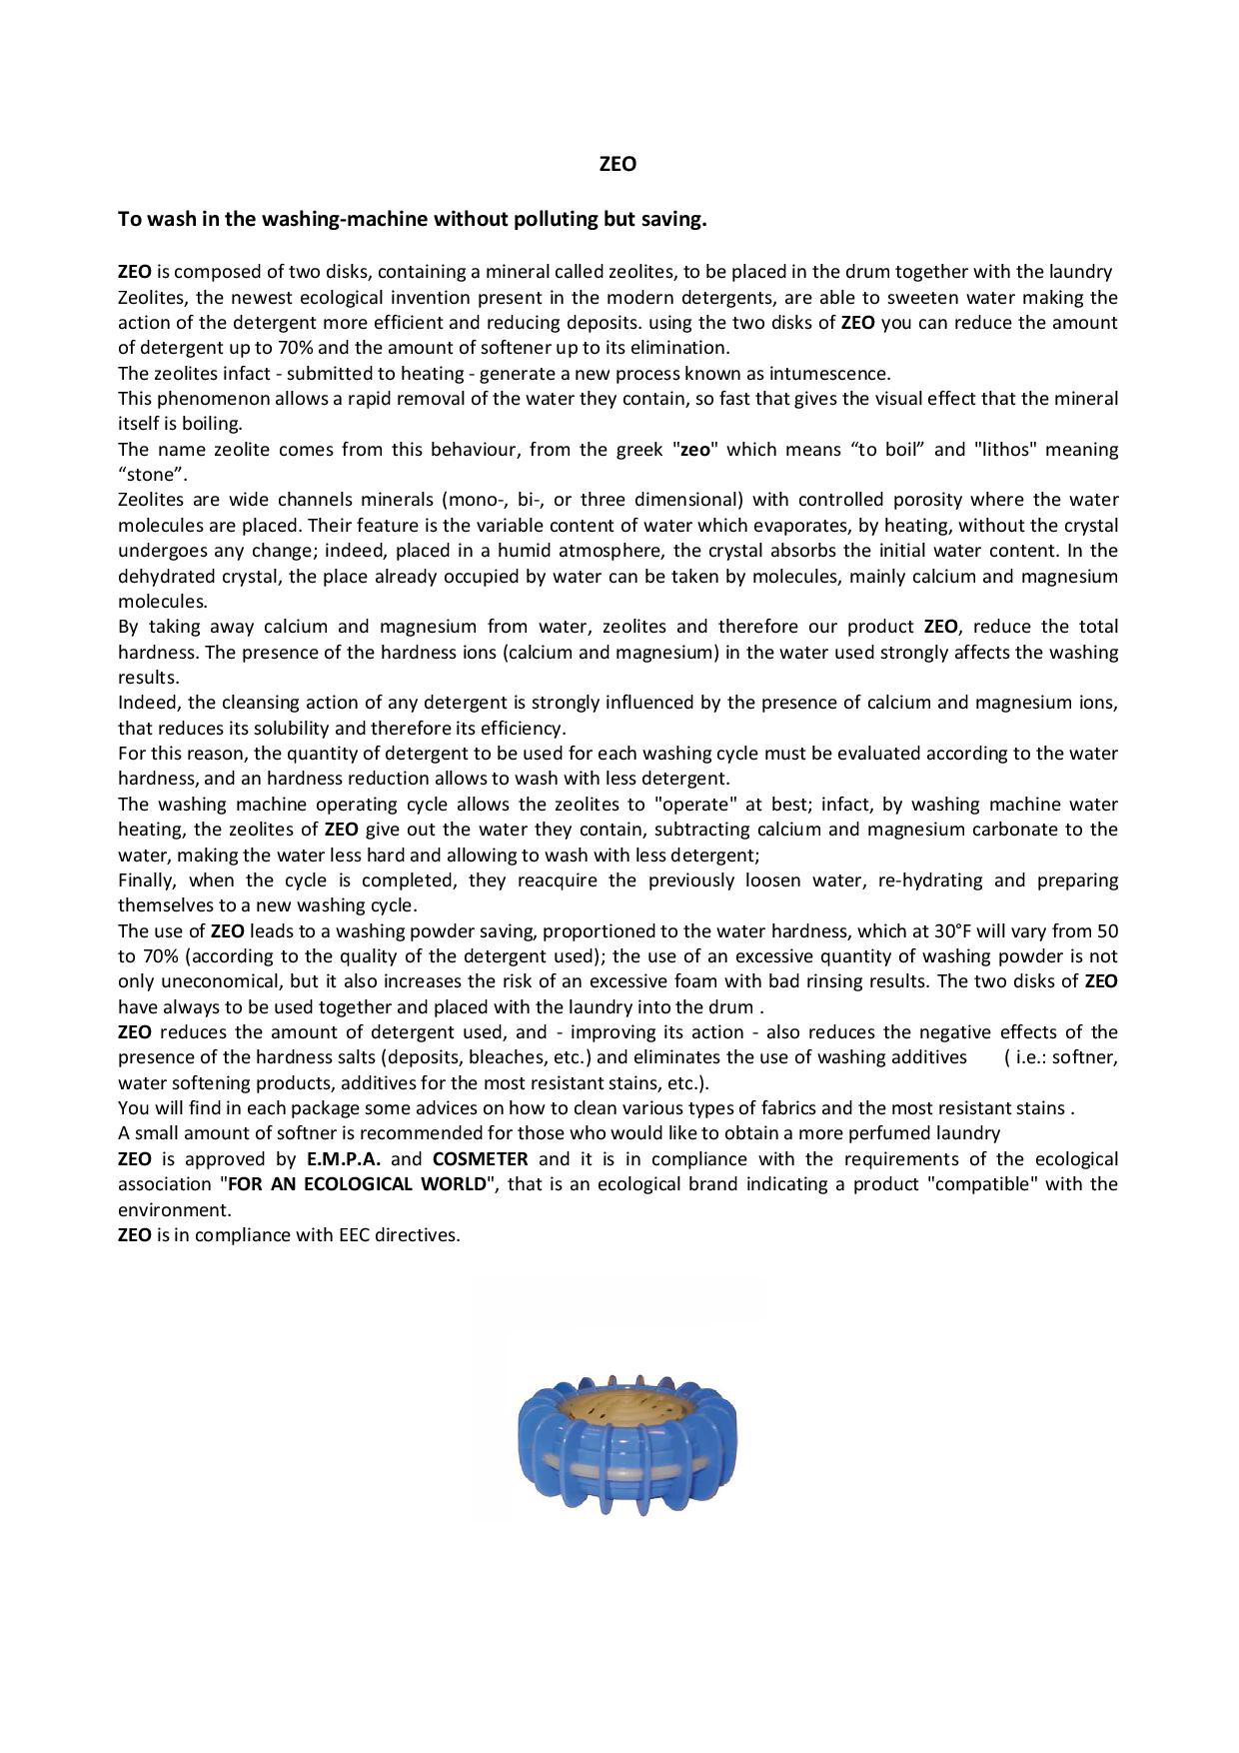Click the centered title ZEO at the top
click(618, 164)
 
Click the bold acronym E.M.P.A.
click(344, 1159)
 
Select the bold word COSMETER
click(480, 1159)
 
